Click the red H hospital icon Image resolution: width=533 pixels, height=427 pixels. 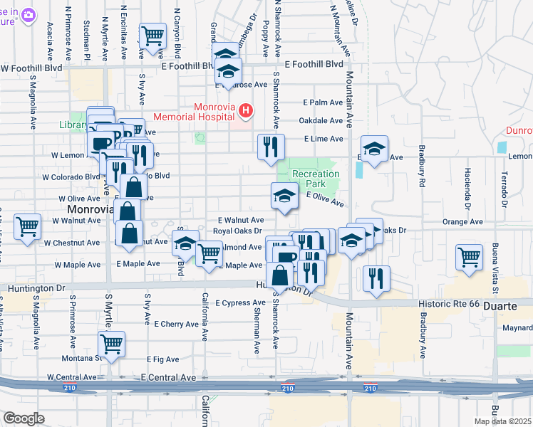coord(246,110)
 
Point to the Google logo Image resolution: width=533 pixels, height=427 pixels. coord(23,418)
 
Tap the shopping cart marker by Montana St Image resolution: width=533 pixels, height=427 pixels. coord(112,344)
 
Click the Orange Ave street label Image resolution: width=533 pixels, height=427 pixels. coord(462,222)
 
